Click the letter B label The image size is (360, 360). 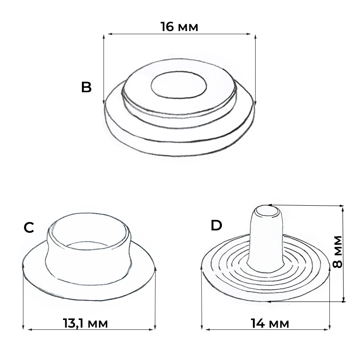86,87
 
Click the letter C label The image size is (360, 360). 29,228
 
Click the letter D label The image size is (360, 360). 216,225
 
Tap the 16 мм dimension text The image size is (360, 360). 179,27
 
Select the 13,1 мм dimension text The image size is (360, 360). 85,323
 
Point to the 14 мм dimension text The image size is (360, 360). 270,323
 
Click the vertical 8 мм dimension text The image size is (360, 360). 337,252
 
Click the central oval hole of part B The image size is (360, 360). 179,85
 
